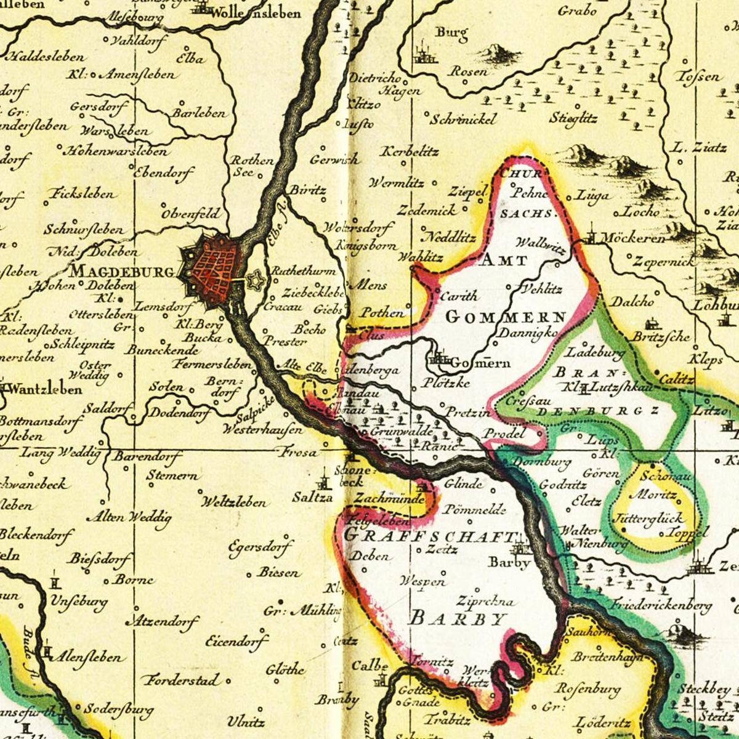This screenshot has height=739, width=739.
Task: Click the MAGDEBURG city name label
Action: pyautogui.click(x=122, y=271)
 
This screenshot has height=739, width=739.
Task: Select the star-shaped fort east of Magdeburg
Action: pyautogui.click(x=254, y=281)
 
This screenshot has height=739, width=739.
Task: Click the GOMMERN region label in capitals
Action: pyautogui.click(x=505, y=318)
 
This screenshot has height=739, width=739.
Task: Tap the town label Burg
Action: pyautogui.click(x=451, y=33)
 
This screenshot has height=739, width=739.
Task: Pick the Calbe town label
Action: pyautogui.click(x=369, y=666)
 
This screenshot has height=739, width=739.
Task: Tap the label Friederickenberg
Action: pyautogui.click(x=661, y=606)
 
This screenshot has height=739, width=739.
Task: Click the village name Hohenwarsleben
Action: pyautogui.click(x=116, y=150)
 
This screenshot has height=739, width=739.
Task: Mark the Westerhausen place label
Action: pyautogui.click(x=264, y=429)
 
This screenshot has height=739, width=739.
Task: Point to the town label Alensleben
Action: pyautogui.click(x=86, y=657)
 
